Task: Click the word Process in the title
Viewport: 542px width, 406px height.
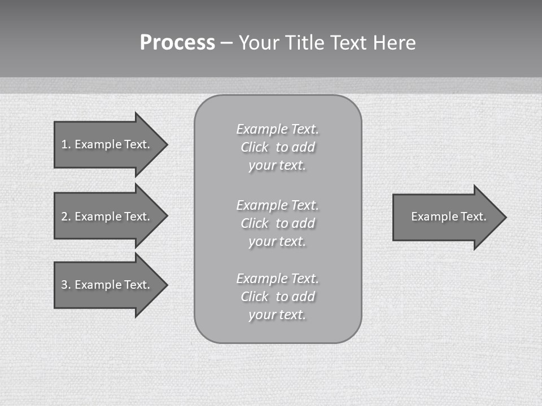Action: pos(177,43)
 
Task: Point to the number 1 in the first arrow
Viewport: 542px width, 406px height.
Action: pos(64,144)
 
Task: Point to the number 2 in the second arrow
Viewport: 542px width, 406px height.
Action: pos(64,217)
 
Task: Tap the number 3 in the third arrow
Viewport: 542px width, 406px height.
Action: pos(64,285)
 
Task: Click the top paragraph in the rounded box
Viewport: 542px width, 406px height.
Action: pos(277,147)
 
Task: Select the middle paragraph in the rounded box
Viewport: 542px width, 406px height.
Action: pos(277,223)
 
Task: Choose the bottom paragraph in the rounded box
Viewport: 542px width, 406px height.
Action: pos(277,297)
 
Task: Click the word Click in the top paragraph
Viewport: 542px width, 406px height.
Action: pos(255,147)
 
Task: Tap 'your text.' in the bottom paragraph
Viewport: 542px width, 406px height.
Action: pos(277,315)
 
